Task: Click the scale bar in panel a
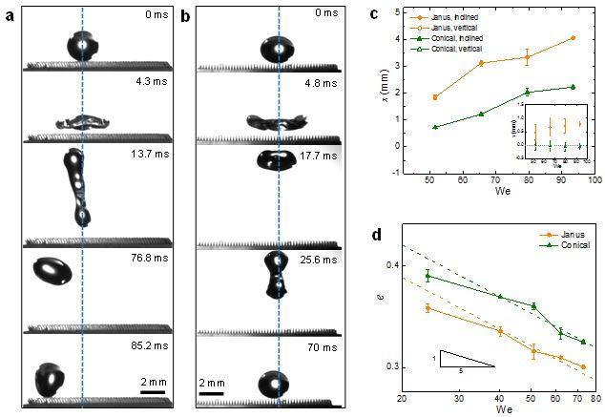(x=153, y=391)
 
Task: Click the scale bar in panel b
(x=211, y=392)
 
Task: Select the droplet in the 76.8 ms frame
(x=52, y=272)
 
